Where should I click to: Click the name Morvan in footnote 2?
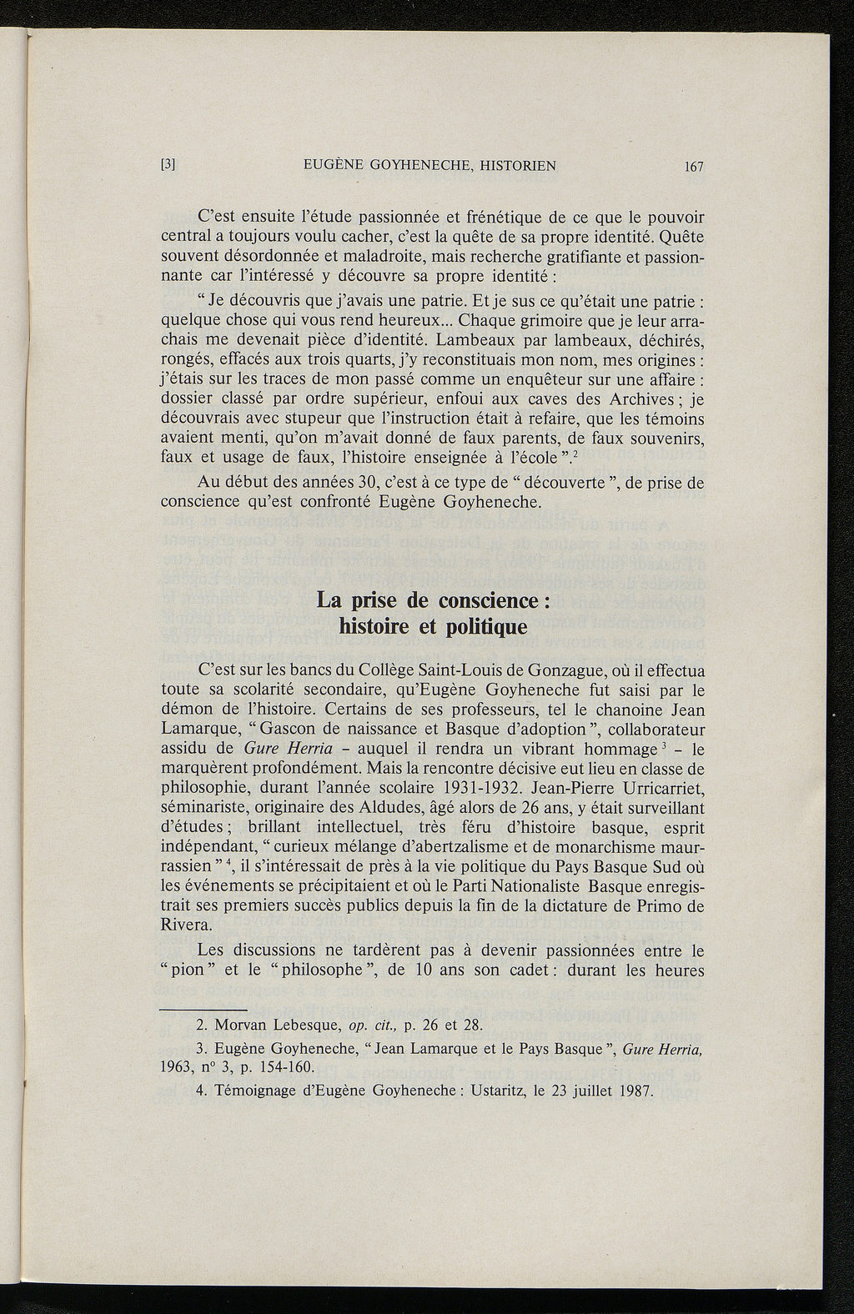pyautogui.click(x=244, y=1025)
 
